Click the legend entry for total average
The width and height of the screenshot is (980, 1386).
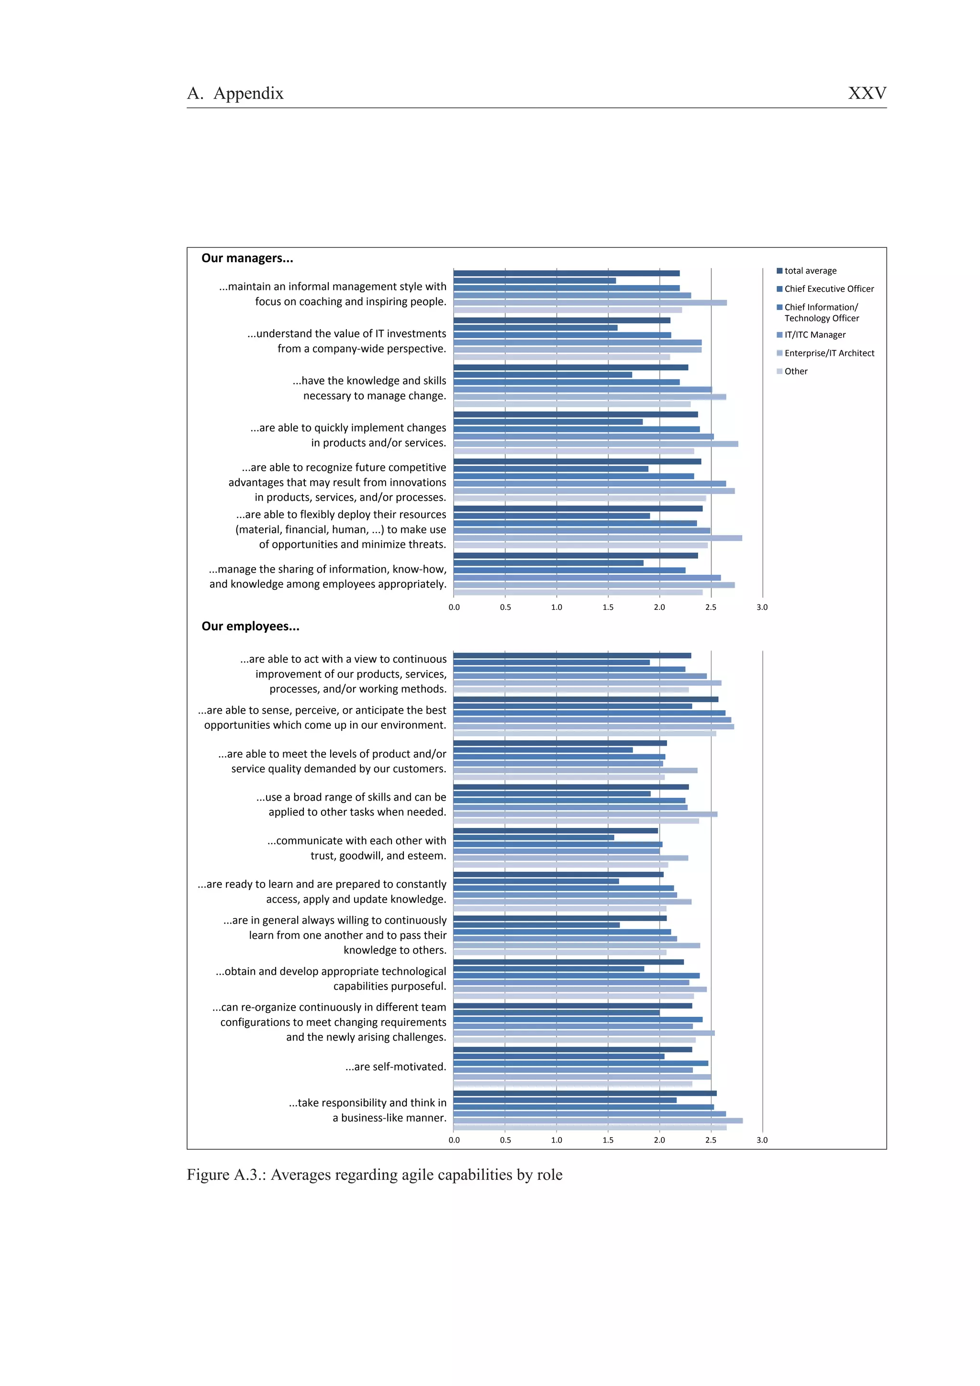click(810, 270)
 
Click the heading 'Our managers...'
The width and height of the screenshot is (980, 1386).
click(247, 258)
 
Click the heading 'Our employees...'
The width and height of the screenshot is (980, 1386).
click(250, 626)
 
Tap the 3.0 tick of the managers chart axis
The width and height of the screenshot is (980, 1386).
click(762, 607)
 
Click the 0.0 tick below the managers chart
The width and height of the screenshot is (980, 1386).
click(454, 607)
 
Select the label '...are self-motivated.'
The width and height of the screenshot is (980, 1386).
click(396, 1067)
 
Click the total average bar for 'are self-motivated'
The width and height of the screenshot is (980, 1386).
click(572, 1050)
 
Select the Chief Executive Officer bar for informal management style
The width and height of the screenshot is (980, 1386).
click(535, 281)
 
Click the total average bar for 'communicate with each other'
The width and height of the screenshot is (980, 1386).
click(556, 831)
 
